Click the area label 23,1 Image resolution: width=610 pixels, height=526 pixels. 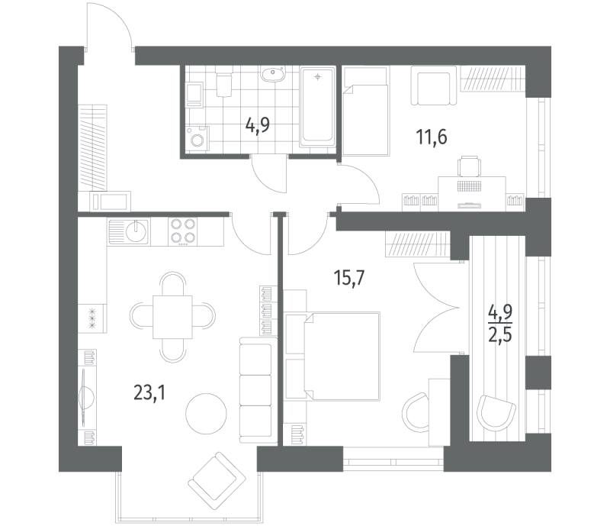click(x=149, y=392)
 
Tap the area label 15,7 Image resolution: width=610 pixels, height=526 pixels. click(x=349, y=278)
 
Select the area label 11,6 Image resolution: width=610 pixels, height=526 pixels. click(x=432, y=137)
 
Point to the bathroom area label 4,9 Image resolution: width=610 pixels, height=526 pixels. click(x=258, y=125)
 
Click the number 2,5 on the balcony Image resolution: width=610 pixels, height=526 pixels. click(x=500, y=334)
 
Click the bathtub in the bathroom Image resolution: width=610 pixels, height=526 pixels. click(x=318, y=106)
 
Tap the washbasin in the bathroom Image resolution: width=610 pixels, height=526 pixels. click(x=273, y=73)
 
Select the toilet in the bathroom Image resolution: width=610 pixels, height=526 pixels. click(x=223, y=82)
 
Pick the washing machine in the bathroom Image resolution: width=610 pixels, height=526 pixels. click(x=197, y=138)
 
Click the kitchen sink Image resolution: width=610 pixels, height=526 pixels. click(x=129, y=231)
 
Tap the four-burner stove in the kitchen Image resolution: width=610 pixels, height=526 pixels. click(x=183, y=231)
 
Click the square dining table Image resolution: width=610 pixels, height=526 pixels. click(x=172, y=317)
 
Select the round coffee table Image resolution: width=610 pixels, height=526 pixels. click(x=206, y=414)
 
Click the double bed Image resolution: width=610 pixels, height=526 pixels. click(x=332, y=356)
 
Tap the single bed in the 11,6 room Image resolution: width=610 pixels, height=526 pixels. click(x=366, y=111)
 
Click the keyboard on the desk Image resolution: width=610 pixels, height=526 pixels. click(x=470, y=186)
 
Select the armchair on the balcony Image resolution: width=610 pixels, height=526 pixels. click(x=496, y=413)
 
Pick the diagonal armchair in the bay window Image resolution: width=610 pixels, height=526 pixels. click(x=217, y=481)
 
